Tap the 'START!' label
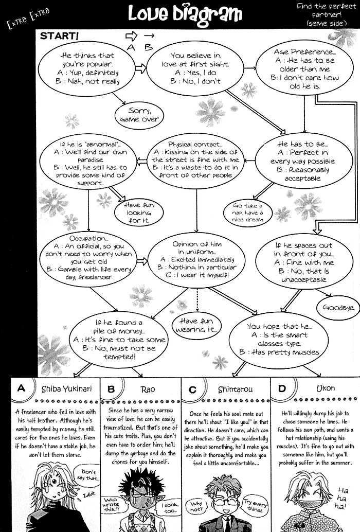pos(59,36)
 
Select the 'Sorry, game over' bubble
pos(139,115)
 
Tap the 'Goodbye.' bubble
pos(338,308)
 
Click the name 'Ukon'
pos(323,389)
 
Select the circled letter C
pos(192,389)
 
